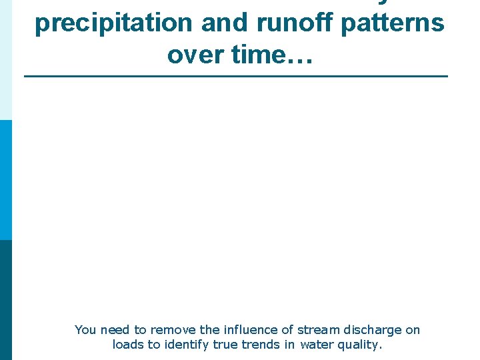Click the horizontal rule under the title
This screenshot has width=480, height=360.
[236, 77]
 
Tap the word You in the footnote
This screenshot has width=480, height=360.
[85, 330]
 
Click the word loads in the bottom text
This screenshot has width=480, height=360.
[127, 345]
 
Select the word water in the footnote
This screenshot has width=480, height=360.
[316, 345]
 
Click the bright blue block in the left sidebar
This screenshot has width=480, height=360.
[6, 180]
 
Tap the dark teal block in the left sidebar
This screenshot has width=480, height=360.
[6, 300]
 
